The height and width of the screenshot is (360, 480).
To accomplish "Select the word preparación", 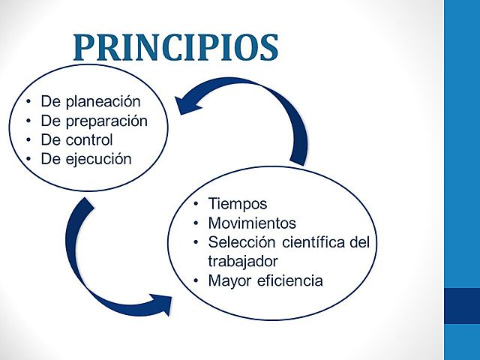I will point(105,121).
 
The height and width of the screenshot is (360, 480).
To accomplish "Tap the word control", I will point(88,139).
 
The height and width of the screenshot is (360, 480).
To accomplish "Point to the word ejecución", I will point(97,159).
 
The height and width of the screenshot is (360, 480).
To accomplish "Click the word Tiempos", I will point(238,204).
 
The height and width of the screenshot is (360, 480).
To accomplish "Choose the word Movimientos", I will point(252,223).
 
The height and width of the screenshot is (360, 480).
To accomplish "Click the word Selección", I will point(238,242).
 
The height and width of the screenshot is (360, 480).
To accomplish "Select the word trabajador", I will point(243,261).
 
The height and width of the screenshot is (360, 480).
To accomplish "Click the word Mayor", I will point(228,281).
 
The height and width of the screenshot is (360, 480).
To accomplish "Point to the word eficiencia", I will point(287,281).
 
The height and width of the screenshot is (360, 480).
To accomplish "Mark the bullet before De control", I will point(28,140).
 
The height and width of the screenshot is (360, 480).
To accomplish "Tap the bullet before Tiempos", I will point(196,205).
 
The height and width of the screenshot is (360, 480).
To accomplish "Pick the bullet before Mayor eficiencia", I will point(196,281).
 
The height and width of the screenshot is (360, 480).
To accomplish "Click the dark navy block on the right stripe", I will point(462,306).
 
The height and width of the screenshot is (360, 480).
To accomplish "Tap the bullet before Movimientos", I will point(196,223).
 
